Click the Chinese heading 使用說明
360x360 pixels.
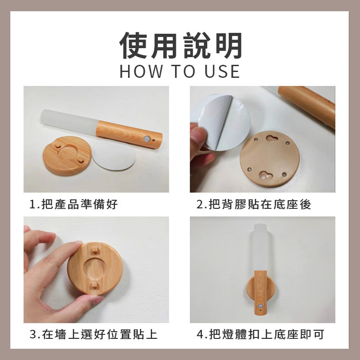pyautogui.click(x=180, y=45)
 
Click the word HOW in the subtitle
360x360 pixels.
pyautogui.click(x=141, y=72)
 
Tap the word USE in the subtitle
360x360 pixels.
pyautogui.click(x=222, y=72)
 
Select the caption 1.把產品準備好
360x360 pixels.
pyautogui.click(x=74, y=204)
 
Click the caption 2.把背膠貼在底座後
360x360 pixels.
pyautogui.click(x=254, y=204)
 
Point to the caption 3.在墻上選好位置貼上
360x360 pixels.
pyautogui.click(x=94, y=334)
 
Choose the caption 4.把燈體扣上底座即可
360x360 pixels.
pyautogui.click(x=261, y=334)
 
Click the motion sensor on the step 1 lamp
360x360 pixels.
pyautogui.click(x=147, y=139)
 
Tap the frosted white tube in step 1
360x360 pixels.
pyautogui.click(x=69, y=121)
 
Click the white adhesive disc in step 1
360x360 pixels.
pyautogui.click(x=113, y=155)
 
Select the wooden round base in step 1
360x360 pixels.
pyautogui.click(x=67, y=156)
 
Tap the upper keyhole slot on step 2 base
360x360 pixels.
pyautogui.click(x=272, y=138)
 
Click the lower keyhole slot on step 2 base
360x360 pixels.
pyautogui.click(x=265, y=175)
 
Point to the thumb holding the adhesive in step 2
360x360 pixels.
pyautogui.click(x=198, y=137)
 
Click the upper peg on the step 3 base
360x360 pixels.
pyautogui.click(x=95, y=250)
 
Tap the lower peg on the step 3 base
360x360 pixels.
pyautogui.click(x=94, y=285)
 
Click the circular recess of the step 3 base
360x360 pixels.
pyautogui.click(x=94, y=267)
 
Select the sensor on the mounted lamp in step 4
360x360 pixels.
pyautogui.click(x=260, y=306)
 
